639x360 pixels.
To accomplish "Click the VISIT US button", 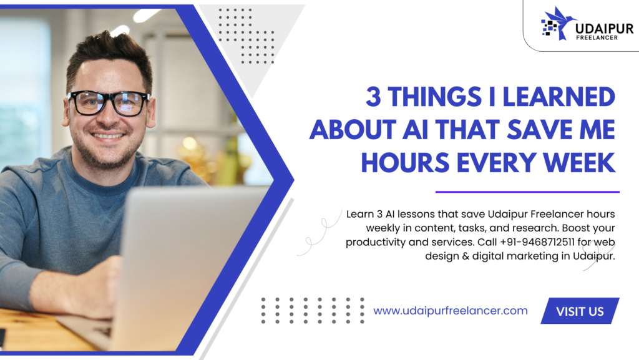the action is click(x=580, y=311).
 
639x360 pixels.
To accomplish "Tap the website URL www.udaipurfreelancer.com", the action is click(x=451, y=311).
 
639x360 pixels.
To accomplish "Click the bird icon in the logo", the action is click(x=559, y=23).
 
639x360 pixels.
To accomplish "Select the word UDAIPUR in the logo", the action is click(x=604, y=29).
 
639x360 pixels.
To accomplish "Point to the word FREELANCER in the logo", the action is click(x=597, y=37).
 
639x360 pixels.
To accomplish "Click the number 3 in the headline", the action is click(x=373, y=97).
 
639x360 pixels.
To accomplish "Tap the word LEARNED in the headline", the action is click(x=559, y=97).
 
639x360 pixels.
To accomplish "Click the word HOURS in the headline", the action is click(x=405, y=163).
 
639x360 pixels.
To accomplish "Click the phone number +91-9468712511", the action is click(x=537, y=242).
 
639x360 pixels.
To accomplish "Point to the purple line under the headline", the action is click(x=527, y=192).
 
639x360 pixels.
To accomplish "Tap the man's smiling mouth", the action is click(x=107, y=135).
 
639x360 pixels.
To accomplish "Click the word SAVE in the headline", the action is click(x=535, y=130).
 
